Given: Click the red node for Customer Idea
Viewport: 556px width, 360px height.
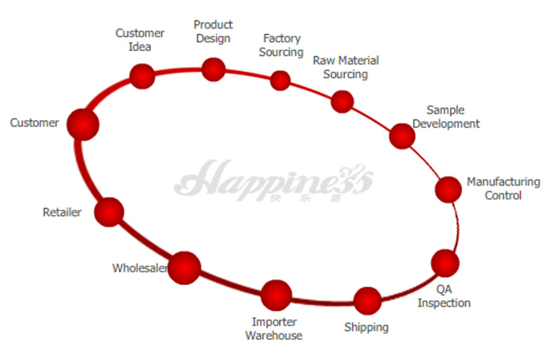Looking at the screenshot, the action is point(142,76).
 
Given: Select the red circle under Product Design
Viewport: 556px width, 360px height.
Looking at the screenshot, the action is point(213,69).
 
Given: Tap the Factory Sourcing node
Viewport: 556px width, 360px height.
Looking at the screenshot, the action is point(280,80).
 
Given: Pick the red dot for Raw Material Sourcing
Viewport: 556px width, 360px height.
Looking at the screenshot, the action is point(342,102).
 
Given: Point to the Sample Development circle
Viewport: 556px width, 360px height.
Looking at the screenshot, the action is point(402,136).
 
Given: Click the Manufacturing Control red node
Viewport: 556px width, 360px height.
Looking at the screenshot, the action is point(448,189).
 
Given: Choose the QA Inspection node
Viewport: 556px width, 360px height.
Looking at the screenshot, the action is point(446,263).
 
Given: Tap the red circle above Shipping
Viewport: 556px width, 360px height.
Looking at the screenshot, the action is point(368,301).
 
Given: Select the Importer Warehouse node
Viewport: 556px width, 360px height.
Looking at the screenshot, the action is point(276,295).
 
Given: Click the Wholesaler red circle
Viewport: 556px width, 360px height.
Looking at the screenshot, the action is point(184,268).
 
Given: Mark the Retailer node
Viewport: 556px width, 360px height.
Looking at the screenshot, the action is point(109,212).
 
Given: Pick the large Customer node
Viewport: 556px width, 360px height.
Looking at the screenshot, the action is point(83,125).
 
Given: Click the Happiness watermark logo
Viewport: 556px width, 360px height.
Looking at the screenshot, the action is point(274,181).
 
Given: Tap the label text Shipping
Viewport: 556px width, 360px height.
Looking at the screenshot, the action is point(366,327).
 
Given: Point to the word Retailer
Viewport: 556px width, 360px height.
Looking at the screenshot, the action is point(62,212).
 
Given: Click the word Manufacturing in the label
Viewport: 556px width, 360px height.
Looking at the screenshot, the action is point(504,182).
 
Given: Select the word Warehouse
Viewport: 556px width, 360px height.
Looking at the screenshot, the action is point(274,336).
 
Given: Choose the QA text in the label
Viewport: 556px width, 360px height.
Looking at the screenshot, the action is point(444,289).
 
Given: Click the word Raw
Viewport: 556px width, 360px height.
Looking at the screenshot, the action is point(323,60).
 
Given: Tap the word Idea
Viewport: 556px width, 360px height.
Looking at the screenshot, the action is point(140,47).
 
